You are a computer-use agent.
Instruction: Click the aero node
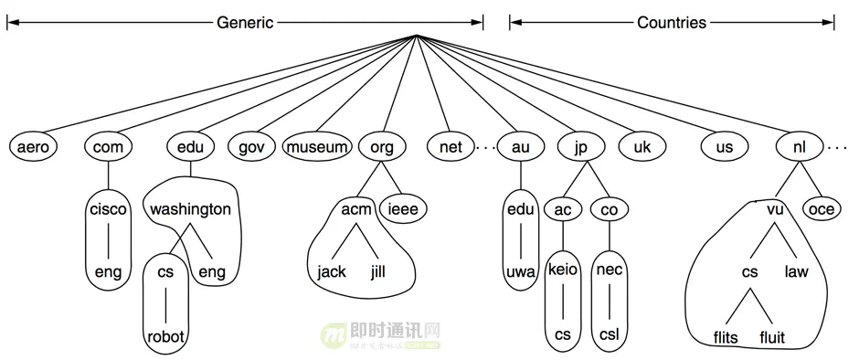(x=32, y=146)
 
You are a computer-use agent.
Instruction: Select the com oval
(x=109, y=146)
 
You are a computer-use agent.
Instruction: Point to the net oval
(x=451, y=146)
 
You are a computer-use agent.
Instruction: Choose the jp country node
(x=579, y=146)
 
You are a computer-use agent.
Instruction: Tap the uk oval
(x=642, y=146)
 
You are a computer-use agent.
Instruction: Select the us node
(x=725, y=146)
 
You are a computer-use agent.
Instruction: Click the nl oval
(x=798, y=146)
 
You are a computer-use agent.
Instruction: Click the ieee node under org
(x=403, y=209)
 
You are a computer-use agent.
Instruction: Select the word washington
(x=191, y=209)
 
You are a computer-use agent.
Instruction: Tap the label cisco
(x=109, y=209)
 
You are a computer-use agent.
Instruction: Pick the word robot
(x=165, y=337)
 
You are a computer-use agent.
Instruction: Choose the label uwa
(x=520, y=271)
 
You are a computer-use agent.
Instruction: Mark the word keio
(x=562, y=271)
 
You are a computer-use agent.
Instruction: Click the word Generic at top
(x=245, y=22)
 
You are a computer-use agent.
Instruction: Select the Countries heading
(x=672, y=22)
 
